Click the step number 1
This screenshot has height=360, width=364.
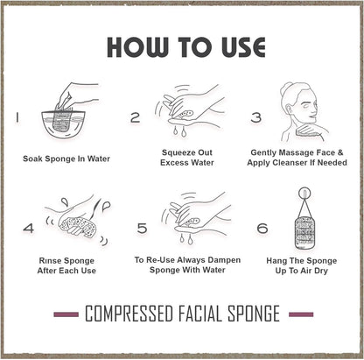point(17,117)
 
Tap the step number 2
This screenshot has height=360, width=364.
point(136,117)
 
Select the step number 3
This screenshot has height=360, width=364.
point(256,117)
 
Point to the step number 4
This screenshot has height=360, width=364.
point(29,228)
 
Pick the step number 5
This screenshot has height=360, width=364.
point(142,228)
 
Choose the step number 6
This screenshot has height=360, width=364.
point(262,228)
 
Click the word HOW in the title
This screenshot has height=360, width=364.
point(137,47)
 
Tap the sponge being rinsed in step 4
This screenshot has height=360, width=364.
point(77,227)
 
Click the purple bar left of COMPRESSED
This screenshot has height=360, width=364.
point(66,314)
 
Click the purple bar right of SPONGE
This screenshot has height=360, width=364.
point(301,314)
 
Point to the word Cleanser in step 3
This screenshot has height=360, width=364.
point(290,163)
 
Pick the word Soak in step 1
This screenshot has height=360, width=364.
point(31,159)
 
